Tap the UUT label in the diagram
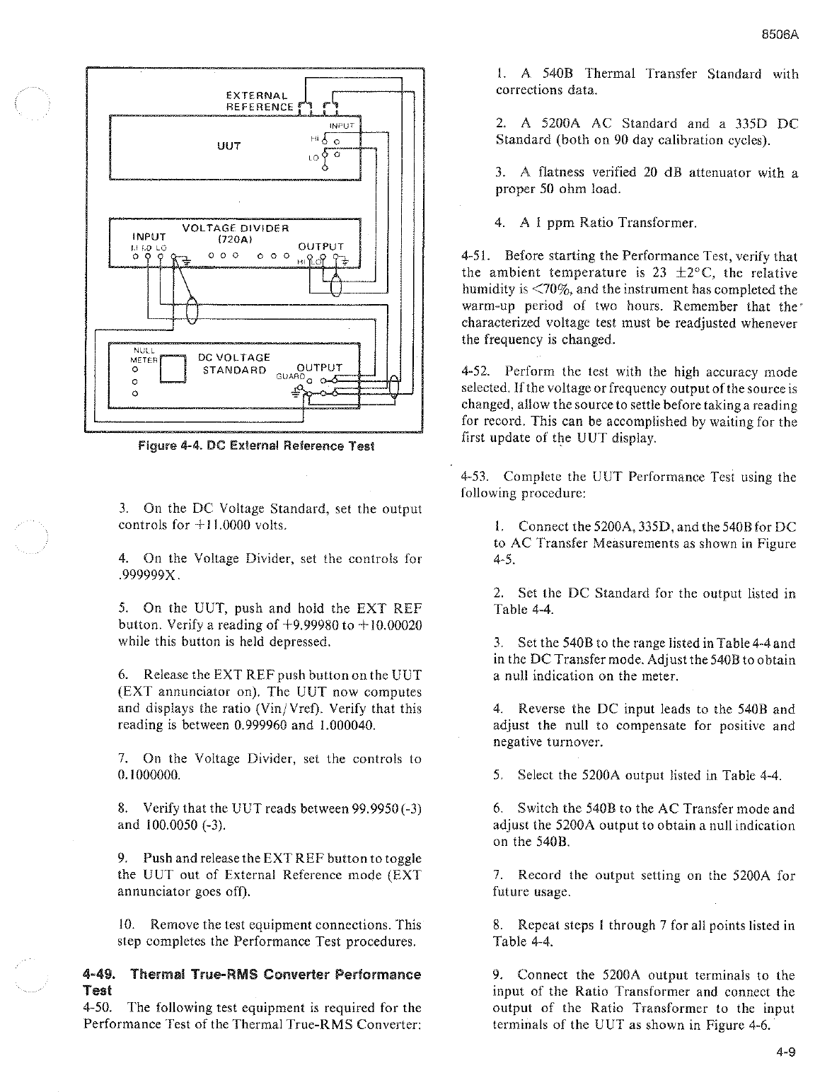230,146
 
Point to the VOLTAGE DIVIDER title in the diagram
236,228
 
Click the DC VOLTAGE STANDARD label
234,364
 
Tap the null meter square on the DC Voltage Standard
173,369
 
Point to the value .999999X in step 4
151,575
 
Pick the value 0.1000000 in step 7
150,775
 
